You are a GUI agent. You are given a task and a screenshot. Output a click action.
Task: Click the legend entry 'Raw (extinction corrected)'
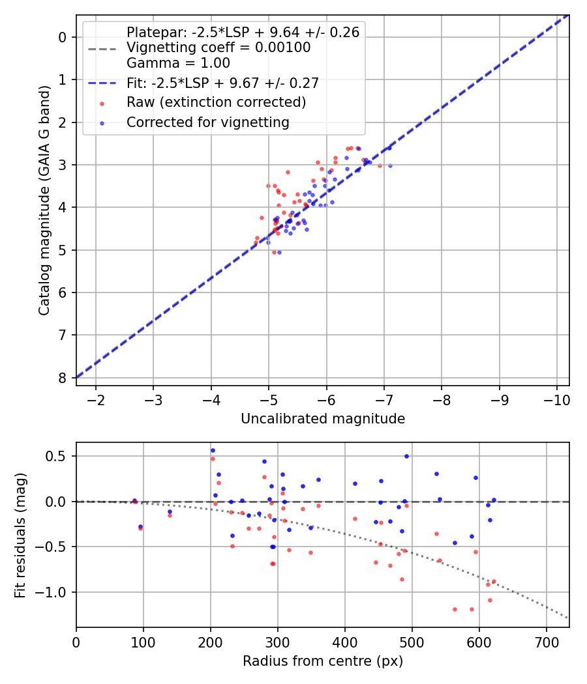tap(216, 102)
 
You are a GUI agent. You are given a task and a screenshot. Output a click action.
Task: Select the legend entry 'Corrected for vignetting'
tap(208, 122)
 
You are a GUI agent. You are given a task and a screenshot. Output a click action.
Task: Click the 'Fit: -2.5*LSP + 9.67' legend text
tap(222, 83)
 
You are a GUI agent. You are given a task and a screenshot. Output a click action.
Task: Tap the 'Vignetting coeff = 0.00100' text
tap(218, 48)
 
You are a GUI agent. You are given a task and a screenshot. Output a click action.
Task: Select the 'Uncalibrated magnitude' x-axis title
tap(323, 419)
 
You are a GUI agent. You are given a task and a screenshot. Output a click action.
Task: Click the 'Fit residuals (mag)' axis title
tap(20, 535)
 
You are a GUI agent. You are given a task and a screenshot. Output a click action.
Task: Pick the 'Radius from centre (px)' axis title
tap(323, 661)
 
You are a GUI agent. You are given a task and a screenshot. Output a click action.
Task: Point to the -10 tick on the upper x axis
tap(556, 398)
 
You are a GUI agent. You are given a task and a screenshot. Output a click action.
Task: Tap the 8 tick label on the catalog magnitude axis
tap(63, 378)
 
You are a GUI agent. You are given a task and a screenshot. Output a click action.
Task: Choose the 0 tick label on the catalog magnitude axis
tap(63, 37)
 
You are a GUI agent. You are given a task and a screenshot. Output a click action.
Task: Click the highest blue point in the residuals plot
tap(212, 450)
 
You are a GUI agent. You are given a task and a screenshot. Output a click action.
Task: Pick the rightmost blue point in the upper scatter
tap(390, 165)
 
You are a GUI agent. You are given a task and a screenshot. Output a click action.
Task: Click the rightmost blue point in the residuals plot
tap(494, 500)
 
